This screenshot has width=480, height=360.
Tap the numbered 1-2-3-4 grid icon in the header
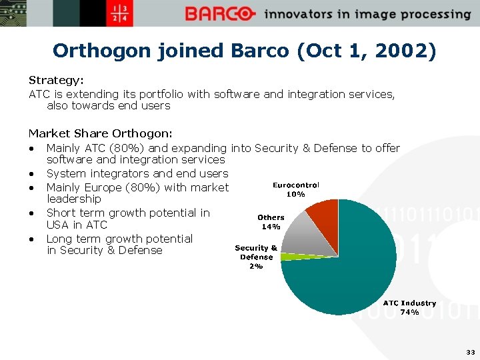pyautogui.click(x=123, y=13)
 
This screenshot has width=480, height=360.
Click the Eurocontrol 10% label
pyautogui.click(x=296, y=189)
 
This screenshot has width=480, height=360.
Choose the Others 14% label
pyautogui.click(x=271, y=221)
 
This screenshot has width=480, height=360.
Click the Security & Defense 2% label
pyautogui.click(x=256, y=257)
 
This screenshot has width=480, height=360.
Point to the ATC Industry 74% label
pyautogui.click(x=409, y=307)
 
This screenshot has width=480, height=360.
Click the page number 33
pyautogui.click(x=470, y=352)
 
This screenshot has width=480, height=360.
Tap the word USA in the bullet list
pyautogui.click(x=58, y=225)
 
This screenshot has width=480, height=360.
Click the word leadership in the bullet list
pyautogui.click(x=73, y=199)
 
